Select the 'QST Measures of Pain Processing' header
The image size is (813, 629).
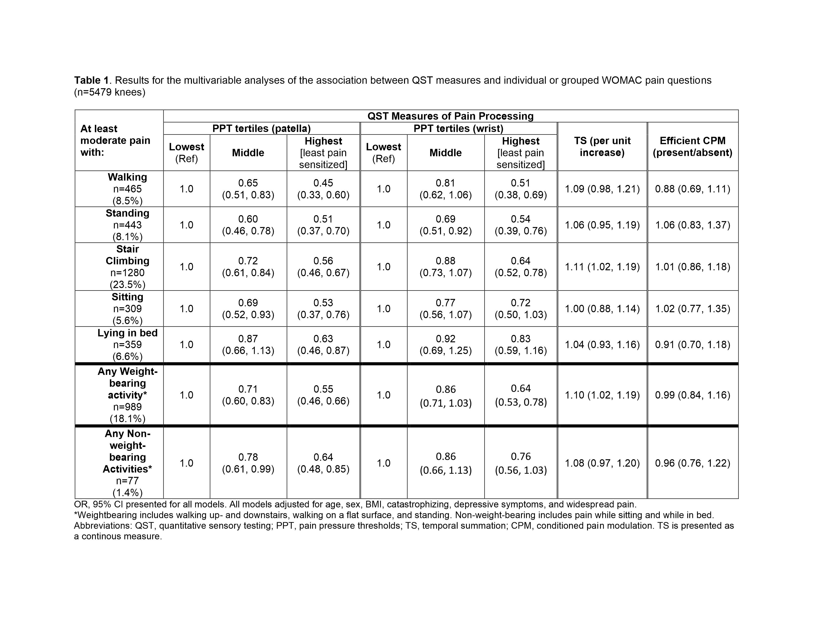(x=450, y=116)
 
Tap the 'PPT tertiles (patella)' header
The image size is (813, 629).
(x=261, y=129)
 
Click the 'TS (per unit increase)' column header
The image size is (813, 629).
(x=602, y=147)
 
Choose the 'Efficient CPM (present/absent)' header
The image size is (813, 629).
(x=692, y=147)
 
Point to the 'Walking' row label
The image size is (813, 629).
(x=127, y=177)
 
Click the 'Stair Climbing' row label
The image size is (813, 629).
(x=127, y=255)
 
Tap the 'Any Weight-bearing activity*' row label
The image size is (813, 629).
(x=127, y=383)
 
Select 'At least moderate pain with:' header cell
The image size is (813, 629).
(x=115, y=141)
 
